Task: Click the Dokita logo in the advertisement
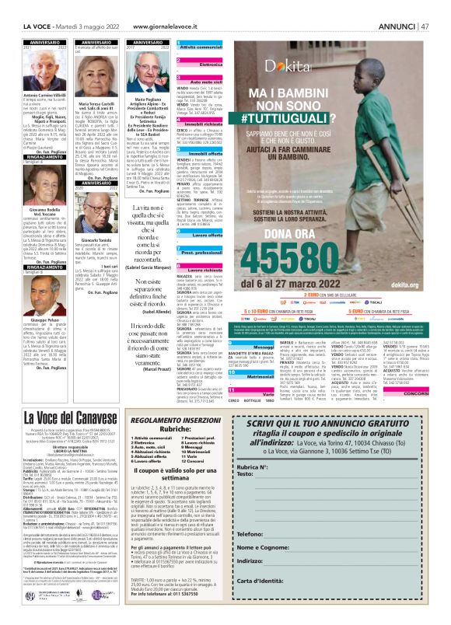(288, 68)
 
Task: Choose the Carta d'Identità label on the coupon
(260, 581)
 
